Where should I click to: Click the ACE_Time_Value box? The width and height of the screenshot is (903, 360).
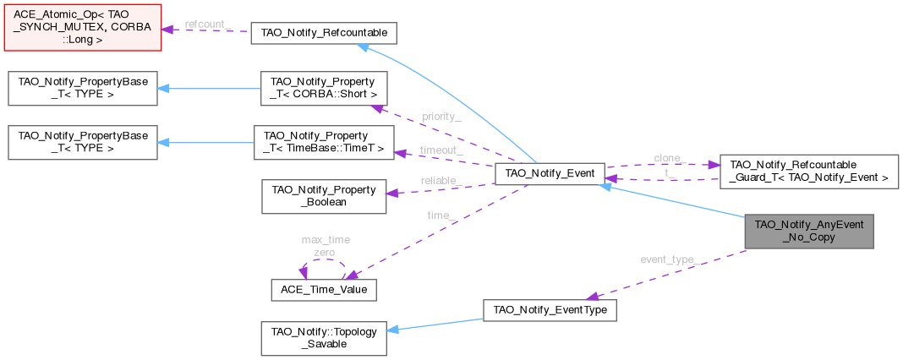(322, 288)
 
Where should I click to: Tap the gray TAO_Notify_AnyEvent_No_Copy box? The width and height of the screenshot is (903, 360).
(808, 231)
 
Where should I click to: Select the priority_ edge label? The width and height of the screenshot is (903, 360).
(441, 117)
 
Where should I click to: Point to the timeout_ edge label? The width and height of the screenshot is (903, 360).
(441, 150)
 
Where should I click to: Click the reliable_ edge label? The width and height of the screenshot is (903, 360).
(439, 181)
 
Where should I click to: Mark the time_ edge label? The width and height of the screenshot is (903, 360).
(441, 216)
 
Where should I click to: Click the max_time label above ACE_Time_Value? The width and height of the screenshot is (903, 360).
(326, 240)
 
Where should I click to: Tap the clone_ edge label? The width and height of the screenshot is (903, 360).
(670, 158)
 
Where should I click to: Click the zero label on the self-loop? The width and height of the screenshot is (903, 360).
(325, 252)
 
